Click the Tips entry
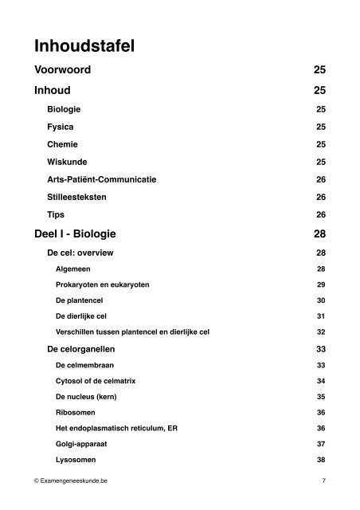pos(57,214)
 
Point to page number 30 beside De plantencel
pos(321,301)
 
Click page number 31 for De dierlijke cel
pos(321,316)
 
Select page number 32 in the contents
pos(321,331)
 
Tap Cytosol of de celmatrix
pos(93,382)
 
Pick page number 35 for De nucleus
pos(321,397)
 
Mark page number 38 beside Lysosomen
pos(321,460)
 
